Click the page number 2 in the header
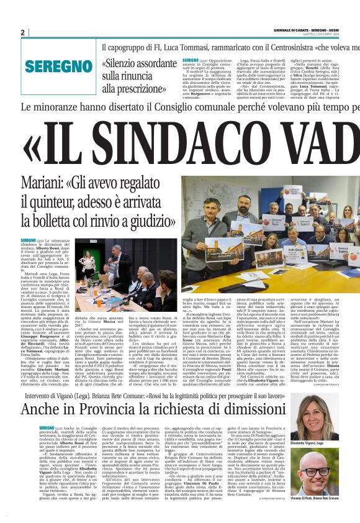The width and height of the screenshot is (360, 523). (x=22, y=32)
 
